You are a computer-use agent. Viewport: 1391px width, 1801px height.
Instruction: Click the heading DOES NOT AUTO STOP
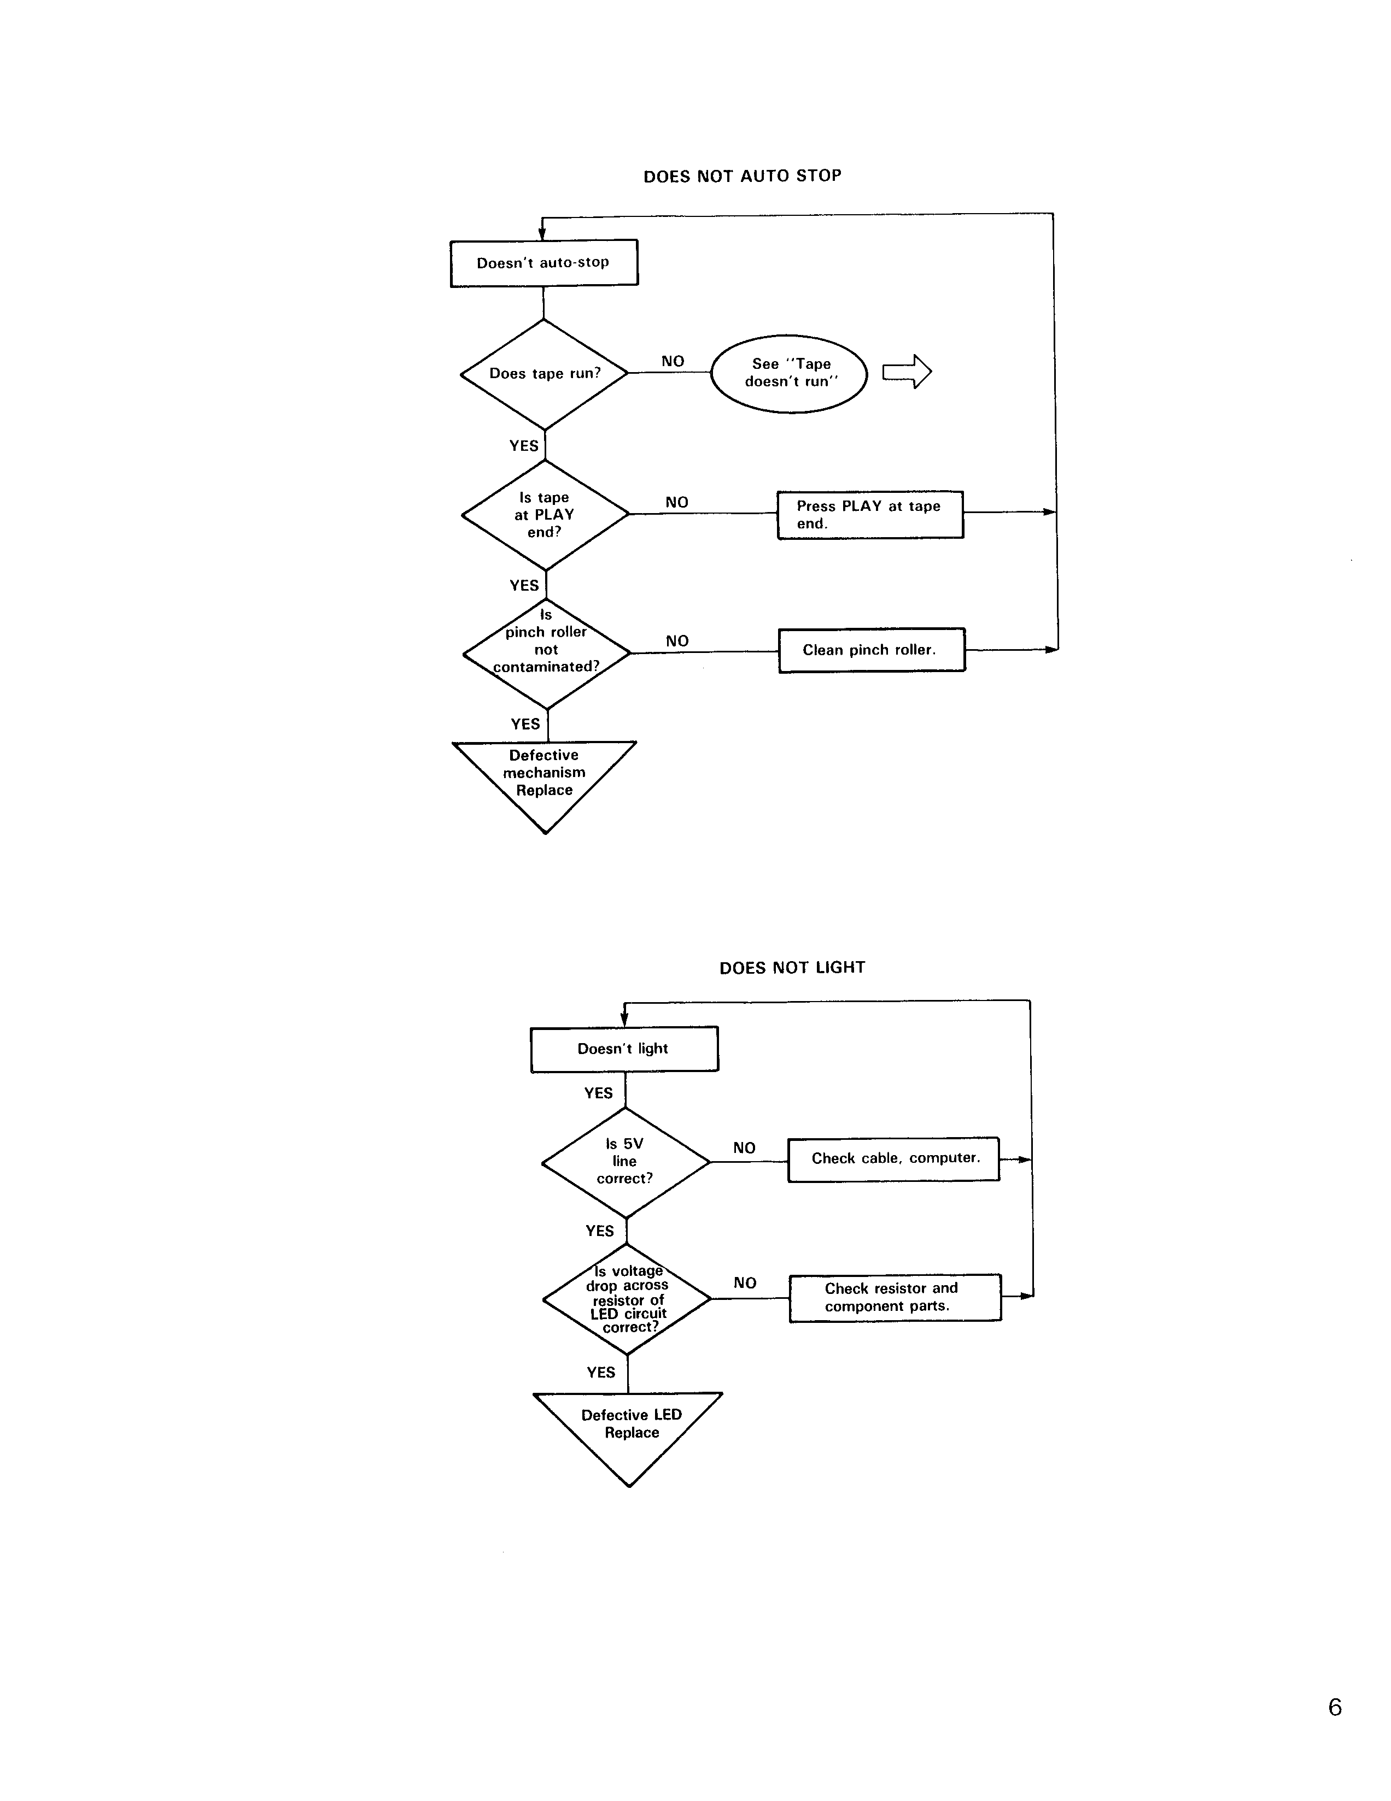(x=741, y=175)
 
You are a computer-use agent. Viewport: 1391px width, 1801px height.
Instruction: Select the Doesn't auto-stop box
(x=543, y=263)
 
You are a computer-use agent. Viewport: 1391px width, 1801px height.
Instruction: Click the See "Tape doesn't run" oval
(x=790, y=374)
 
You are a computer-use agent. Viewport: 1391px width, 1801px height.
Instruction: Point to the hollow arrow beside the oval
(x=907, y=372)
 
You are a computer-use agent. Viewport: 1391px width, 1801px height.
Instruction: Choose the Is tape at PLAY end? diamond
(x=545, y=515)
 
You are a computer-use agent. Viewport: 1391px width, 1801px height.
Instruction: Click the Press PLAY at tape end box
(x=869, y=515)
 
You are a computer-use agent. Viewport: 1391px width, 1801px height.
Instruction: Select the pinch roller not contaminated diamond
(x=546, y=652)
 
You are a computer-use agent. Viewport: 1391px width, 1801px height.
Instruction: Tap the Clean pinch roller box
(x=871, y=650)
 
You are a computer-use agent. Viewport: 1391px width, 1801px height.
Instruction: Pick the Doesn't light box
(x=624, y=1049)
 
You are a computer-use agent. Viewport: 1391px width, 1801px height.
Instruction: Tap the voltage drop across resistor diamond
(x=627, y=1299)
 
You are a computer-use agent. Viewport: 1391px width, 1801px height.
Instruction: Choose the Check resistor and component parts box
(x=895, y=1297)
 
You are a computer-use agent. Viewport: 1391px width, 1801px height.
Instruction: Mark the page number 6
(x=1335, y=1707)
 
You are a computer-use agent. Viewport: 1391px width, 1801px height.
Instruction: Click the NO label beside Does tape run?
(x=673, y=361)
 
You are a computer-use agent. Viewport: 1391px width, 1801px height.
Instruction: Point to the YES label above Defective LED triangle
(x=600, y=1372)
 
